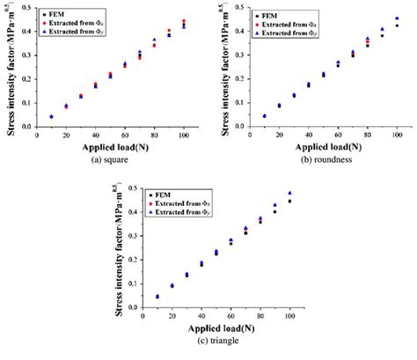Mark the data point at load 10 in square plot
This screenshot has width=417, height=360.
click(x=51, y=116)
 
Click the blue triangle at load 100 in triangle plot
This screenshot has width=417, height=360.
click(x=289, y=193)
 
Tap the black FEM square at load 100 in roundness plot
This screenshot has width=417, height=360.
click(x=397, y=26)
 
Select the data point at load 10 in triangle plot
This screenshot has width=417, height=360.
click(x=157, y=297)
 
